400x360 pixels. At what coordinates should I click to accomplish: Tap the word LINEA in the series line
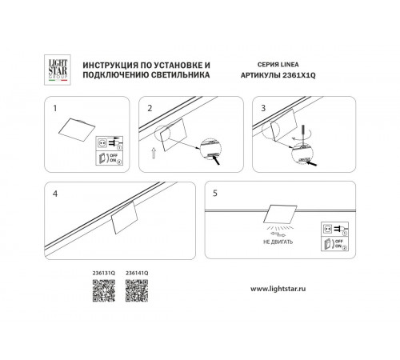coord(291,62)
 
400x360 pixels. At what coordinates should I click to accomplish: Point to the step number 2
coord(149,106)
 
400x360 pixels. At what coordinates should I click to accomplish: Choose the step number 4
coord(54,194)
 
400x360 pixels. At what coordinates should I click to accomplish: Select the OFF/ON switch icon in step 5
coord(330,243)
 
